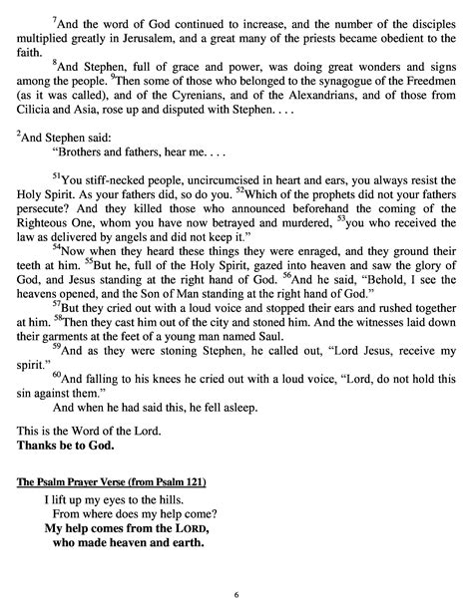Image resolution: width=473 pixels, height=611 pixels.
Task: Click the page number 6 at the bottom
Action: click(x=236, y=594)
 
